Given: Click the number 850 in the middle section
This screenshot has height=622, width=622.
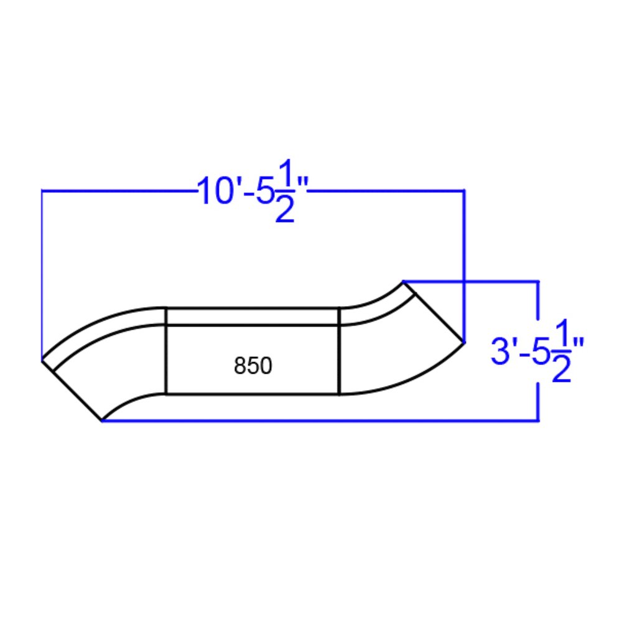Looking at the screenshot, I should pyautogui.click(x=253, y=366).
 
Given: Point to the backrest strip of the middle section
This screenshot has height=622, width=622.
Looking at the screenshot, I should pyautogui.click(x=253, y=316).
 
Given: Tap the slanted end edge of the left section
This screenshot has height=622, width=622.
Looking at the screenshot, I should pyautogui.click(x=72, y=390).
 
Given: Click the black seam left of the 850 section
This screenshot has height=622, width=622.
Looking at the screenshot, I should pyautogui.click(x=166, y=351).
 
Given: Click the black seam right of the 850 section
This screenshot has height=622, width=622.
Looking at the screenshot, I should pyautogui.click(x=339, y=351).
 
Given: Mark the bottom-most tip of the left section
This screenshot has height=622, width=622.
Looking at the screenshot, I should pyautogui.click(x=101, y=420).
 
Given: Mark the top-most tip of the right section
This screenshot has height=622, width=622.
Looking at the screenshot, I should pyautogui.click(x=404, y=282).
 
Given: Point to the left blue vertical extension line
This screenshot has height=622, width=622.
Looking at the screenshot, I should pyautogui.click(x=42, y=274).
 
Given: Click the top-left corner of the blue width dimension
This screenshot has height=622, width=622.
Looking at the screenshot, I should pyautogui.click(x=42, y=190).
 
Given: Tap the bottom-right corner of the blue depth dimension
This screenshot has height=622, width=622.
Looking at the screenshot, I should pyautogui.click(x=538, y=421).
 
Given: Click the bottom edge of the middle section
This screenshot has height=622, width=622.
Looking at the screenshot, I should pyautogui.click(x=253, y=394).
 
